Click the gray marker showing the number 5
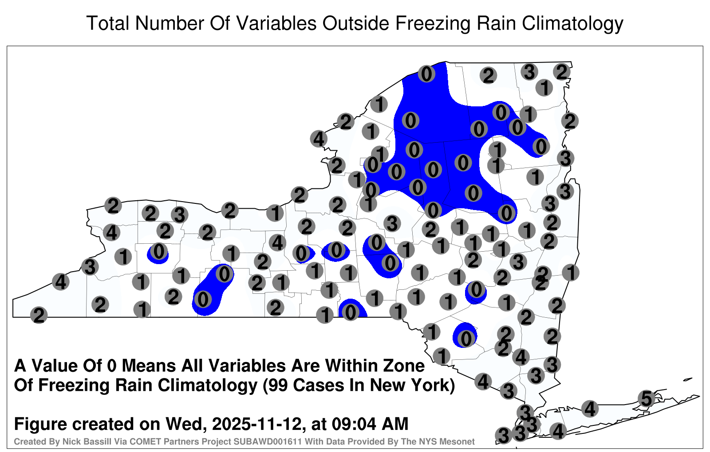point(646,398)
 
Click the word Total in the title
point(107,23)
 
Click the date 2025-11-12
point(256,424)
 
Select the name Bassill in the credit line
point(100,442)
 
